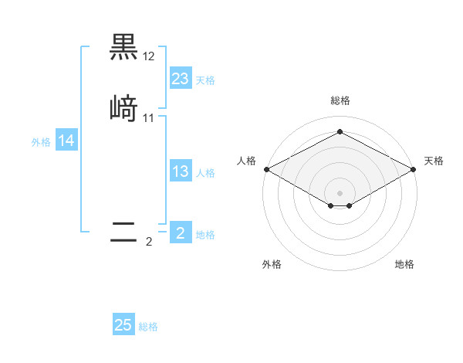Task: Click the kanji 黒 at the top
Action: click(x=123, y=47)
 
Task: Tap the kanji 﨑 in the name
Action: click(x=123, y=107)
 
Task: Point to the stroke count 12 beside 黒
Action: click(x=149, y=57)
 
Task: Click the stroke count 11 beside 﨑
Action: click(x=149, y=117)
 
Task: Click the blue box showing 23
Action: click(x=181, y=79)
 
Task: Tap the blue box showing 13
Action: click(x=181, y=171)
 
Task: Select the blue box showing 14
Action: click(x=66, y=141)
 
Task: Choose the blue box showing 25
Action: click(x=123, y=325)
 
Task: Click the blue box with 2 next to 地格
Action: click(x=181, y=232)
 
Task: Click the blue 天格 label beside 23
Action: click(x=205, y=80)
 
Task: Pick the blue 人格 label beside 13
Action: click(x=205, y=173)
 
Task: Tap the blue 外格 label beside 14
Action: click(x=41, y=142)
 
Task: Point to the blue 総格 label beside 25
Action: click(x=148, y=327)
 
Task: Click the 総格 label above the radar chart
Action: click(x=340, y=100)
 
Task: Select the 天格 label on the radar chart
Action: click(x=434, y=161)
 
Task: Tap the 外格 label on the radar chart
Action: click(x=272, y=264)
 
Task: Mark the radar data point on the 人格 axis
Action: click(x=265, y=168)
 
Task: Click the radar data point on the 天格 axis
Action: click(x=414, y=168)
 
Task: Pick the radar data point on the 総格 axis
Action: click(x=340, y=131)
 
